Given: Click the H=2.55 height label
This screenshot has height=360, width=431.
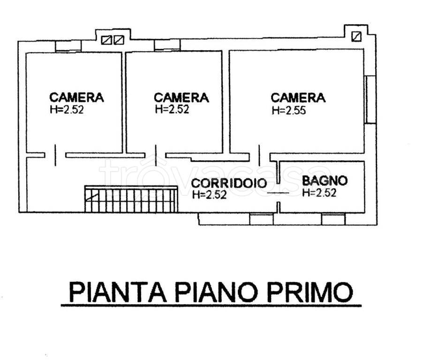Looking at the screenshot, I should [289, 111].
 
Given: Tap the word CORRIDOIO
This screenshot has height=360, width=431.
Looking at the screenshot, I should [229, 184].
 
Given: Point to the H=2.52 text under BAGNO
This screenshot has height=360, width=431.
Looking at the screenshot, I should [319, 193].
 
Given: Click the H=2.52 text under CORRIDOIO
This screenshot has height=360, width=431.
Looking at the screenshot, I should [209, 195].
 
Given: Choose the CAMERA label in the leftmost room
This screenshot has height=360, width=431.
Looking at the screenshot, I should [76, 97].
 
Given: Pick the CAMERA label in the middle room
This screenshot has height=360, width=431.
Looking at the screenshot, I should [181, 97].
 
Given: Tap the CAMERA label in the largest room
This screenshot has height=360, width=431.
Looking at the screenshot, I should [298, 97].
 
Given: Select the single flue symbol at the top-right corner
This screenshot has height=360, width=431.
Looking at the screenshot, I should [356, 36].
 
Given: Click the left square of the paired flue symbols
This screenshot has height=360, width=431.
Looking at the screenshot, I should [106, 40].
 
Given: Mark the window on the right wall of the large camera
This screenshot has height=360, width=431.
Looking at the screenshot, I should [370, 99].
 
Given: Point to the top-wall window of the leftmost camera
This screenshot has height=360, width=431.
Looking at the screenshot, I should [68, 46].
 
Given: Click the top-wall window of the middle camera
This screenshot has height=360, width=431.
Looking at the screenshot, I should [167, 45].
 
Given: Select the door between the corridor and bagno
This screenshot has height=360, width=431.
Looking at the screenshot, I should [278, 193].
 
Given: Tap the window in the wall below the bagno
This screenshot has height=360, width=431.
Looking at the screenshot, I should [333, 219].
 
